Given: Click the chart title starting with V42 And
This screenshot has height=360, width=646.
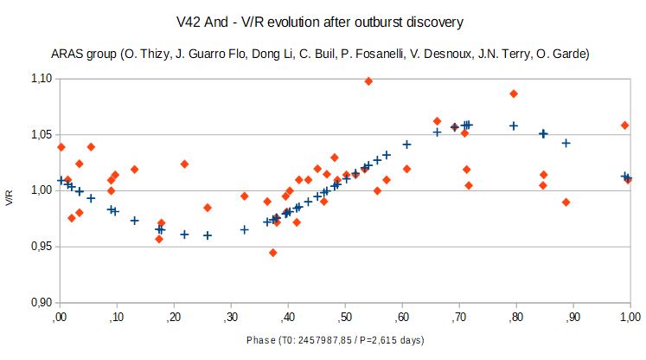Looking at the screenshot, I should point(323,20).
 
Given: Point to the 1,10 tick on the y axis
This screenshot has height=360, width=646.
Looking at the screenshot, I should point(41,79).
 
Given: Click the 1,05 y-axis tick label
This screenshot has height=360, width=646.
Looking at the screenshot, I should point(41,134).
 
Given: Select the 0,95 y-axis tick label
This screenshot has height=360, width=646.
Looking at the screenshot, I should point(41,247).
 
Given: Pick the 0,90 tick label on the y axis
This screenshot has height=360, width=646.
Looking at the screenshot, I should point(41,303).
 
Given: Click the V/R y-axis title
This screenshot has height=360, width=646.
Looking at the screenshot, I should point(10,196).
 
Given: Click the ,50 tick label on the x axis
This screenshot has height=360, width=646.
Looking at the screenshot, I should point(344,318).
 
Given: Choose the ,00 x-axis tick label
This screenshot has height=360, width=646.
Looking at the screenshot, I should point(60,318).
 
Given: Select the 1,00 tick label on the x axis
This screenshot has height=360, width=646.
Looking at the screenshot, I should point(629,318).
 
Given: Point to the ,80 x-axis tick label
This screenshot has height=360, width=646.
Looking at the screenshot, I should point(515,318).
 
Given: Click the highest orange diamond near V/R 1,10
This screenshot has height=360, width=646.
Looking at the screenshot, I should point(368,81).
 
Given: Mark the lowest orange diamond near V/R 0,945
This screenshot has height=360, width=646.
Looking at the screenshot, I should point(273,253).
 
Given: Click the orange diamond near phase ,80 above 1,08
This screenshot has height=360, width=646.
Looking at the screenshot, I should point(514,93).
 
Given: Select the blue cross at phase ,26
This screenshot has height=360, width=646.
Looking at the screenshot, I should point(208,235).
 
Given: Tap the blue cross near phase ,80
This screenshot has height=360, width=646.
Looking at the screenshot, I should point(514,125).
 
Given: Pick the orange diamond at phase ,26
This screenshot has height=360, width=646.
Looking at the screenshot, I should point(208,208).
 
